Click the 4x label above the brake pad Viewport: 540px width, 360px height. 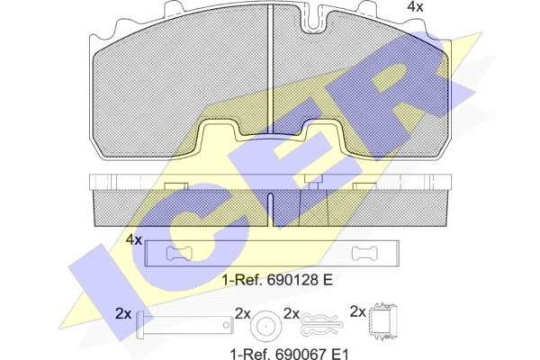point(415,6)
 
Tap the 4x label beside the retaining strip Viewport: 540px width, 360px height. point(133,239)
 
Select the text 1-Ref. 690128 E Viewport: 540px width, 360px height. point(277,280)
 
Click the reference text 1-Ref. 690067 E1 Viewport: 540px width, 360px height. point(289,354)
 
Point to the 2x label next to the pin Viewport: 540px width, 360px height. point(123,313)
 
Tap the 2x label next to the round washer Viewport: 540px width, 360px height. point(243,313)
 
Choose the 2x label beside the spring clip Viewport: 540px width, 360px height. point(292,313)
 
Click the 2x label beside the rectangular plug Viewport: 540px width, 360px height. point(358,311)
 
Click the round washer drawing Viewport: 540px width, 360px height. point(265,326)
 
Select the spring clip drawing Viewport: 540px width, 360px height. point(321,325)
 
